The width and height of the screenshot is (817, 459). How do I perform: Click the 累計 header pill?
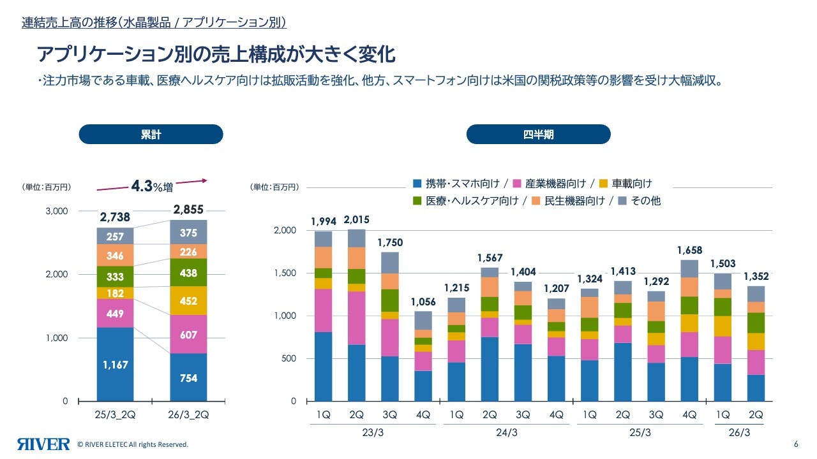click(151, 135)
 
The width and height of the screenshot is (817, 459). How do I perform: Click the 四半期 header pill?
click(538, 135)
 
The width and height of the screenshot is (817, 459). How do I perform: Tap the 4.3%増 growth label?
click(151, 186)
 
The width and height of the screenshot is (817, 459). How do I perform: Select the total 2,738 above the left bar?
click(115, 217)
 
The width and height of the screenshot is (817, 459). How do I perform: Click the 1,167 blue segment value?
click(115, 365)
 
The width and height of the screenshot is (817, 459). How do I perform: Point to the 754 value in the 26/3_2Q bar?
click(188, 378)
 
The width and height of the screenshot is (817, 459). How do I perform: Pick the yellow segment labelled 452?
click(188, 301)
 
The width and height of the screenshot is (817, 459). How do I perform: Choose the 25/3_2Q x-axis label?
click(115, 414)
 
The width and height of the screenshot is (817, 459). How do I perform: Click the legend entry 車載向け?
click(631, 184)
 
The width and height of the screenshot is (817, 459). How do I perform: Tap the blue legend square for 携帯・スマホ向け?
click(417, 184)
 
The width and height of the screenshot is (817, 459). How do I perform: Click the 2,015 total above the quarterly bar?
click(356, 221)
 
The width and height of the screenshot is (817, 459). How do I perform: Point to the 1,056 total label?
click(423, 302)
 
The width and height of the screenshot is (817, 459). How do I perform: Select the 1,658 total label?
click(689, 251)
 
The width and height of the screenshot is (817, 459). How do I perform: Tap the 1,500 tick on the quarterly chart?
click(286, 273)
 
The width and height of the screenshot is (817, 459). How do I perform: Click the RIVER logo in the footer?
click(43, 444)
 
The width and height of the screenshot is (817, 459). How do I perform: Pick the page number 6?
click(795, 444)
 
